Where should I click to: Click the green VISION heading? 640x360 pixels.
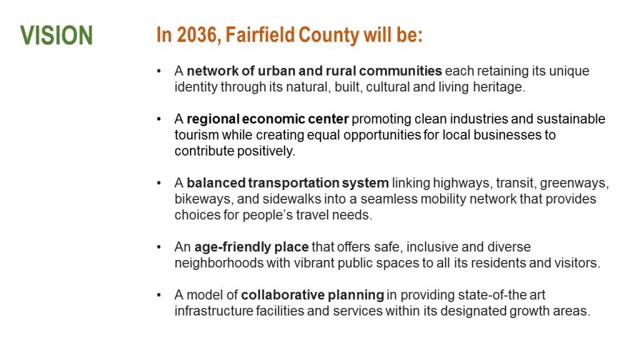point(56,35)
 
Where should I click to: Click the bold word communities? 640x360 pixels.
point(401,71)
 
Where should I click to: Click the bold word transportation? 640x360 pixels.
point(294,183)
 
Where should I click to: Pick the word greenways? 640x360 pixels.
point(574,184)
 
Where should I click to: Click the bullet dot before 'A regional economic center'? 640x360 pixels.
point(159,119)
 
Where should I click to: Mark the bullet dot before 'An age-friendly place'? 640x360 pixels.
point(159,247)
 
